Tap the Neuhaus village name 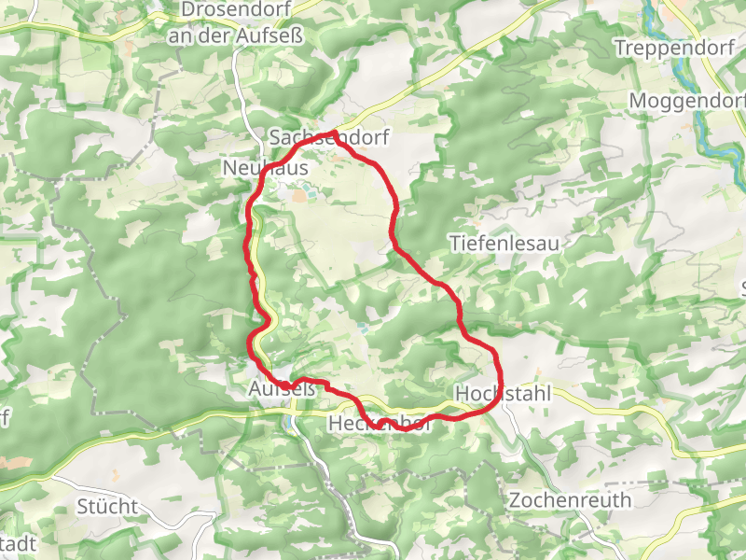pyautogui.click(x=266, y=167)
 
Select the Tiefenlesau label pyautogui.click(x=504, y=244)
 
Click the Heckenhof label pyautogui.click(x=380, y=425)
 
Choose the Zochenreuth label pyautogui.click(x=570, y=500)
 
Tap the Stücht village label pyautogui.click(x=107, y=507)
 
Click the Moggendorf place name pyautogui.click(x=688, y=100)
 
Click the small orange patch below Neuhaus pyautogui.click(x=299, y=196)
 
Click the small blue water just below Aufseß pyautogui.click(x=292, y=423)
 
